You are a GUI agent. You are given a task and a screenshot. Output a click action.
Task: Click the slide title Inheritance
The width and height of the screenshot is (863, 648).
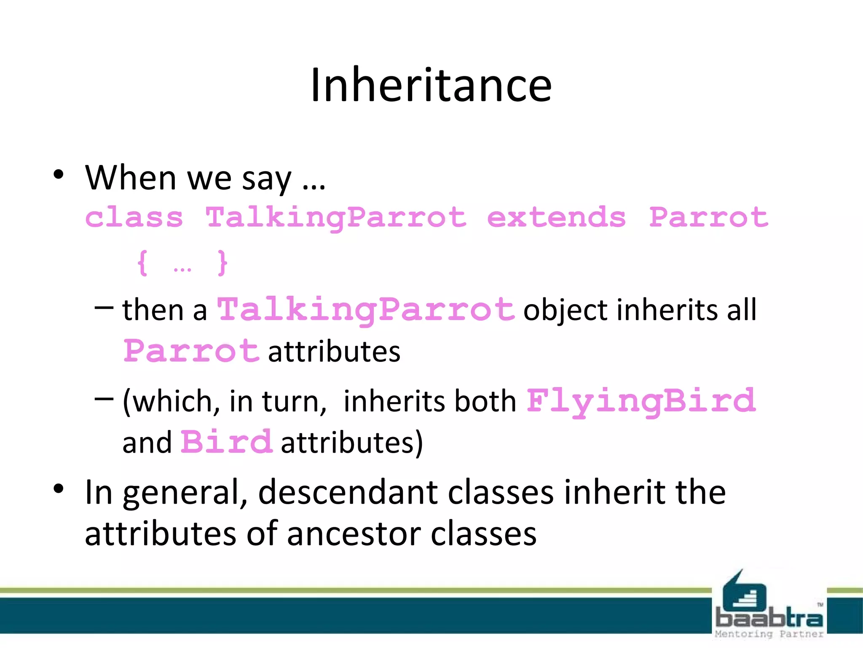pos(431,85)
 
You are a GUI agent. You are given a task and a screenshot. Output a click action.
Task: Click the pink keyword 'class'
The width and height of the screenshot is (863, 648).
pos(134,218)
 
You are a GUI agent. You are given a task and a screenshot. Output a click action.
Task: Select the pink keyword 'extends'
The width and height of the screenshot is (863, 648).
pos(556,218)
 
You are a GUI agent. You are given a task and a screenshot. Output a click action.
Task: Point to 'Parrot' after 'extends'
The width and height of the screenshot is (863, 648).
pos(709,218)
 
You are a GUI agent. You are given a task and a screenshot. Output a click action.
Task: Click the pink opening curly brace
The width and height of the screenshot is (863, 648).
pos(143,263)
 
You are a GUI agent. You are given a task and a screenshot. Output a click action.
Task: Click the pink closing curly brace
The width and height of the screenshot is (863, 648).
pos(222,263)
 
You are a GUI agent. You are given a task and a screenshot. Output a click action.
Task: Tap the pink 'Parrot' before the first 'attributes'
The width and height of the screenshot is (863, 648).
pos(191,351)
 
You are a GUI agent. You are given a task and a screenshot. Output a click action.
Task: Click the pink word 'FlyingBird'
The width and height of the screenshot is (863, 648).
pos(641,401)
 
